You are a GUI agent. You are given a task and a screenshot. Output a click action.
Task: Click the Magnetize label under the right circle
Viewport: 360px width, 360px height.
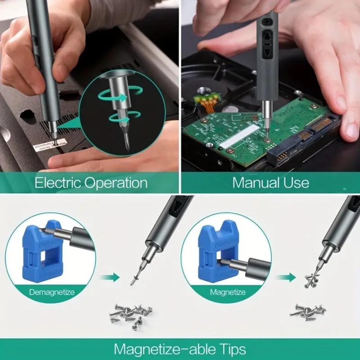[x=228, y=292]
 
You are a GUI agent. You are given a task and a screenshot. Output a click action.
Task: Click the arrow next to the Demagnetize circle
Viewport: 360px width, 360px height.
[x=109, y=277]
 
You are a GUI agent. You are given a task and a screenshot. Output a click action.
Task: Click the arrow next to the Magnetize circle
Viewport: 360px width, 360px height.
[x=286, y=277]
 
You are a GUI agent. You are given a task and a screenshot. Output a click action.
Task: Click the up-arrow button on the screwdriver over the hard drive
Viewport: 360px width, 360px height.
[x=267, y=37]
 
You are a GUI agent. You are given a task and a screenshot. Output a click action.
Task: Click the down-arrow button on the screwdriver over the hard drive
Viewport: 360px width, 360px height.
[x=267, y=53]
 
